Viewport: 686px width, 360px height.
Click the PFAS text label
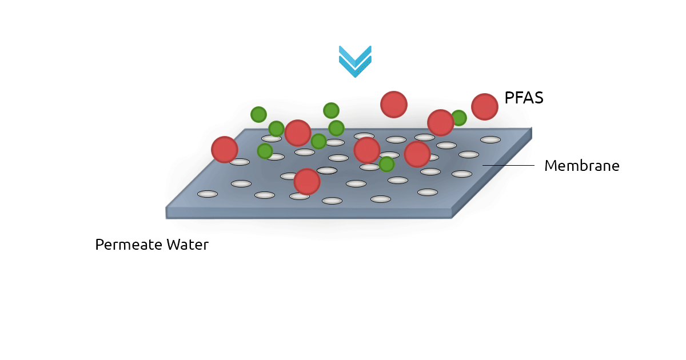524,98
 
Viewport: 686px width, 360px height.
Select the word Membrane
581,166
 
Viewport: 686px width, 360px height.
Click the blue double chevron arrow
355,61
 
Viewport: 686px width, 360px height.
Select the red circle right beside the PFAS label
485,107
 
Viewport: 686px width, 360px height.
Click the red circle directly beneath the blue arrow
394,105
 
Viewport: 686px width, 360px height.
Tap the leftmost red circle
225,149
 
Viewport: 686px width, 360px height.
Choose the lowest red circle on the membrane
307,182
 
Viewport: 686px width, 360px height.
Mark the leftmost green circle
258,114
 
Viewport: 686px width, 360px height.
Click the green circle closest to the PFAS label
458,118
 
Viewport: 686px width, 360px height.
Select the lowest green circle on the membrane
386,164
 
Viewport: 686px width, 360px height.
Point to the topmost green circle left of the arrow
331,110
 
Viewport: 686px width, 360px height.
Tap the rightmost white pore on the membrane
490,139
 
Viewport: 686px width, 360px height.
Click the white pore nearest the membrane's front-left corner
208,194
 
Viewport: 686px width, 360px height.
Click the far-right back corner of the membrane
532,128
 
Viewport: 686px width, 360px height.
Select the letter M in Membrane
550,166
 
